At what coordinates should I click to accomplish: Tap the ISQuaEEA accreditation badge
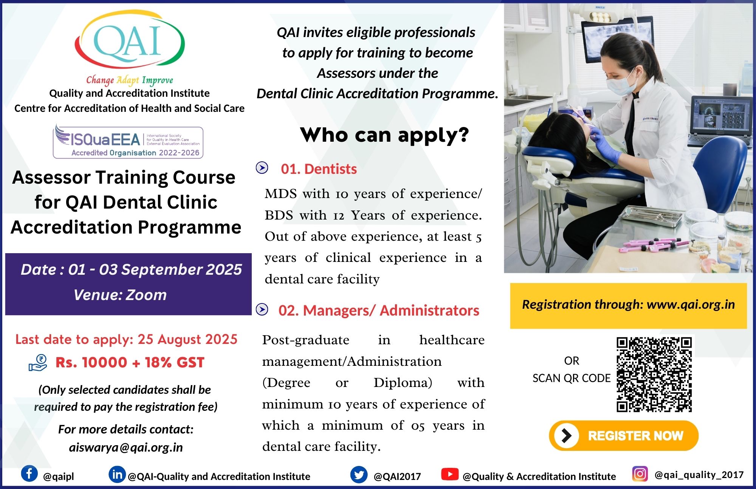point(128,142)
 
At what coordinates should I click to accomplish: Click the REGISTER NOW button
point(624,435)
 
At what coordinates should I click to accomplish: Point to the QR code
point(654,374)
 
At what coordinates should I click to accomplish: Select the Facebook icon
point(29,474)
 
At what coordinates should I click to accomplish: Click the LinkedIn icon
point(117,474)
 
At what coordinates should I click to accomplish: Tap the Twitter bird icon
point(359,475)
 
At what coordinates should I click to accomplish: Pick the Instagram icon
point(640,474)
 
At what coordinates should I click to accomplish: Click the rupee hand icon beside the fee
point(38,363)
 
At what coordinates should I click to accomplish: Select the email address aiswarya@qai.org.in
point(126,447)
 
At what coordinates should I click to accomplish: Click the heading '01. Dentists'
point(319,169)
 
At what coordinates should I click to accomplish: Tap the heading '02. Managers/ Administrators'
point(379,311)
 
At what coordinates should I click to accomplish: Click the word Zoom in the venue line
point(146,295)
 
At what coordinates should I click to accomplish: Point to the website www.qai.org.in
point(691,305)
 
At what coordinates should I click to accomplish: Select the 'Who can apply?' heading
point(384,135)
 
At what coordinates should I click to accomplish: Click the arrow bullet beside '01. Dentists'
point(262,167)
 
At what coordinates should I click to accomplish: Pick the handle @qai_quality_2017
point(699,475)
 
